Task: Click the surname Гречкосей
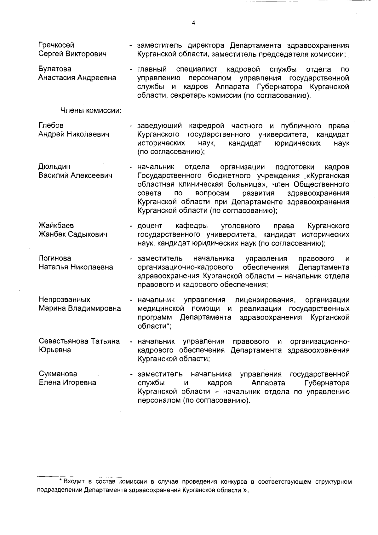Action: (x=56, y=45)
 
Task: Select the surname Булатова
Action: (x=55, y=69)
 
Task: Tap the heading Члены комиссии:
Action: (x=91, y=111)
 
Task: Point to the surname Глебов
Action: (x=51, y=126)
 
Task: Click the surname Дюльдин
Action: (x=54, y=166)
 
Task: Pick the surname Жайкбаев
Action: (x=56, y=226)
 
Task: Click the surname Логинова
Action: (x=55, y=258)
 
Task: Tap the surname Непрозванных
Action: (x=64, y=299)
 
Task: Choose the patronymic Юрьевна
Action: (x=55, y=350)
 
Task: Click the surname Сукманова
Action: (x=58, y=374)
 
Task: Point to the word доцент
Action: (x=150, y=226)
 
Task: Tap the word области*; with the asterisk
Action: (x=154, y=326)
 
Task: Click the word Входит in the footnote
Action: (x=74, y=482)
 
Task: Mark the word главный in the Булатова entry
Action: (x=152, y=69)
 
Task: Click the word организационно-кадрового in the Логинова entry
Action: (x=185, y=267)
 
